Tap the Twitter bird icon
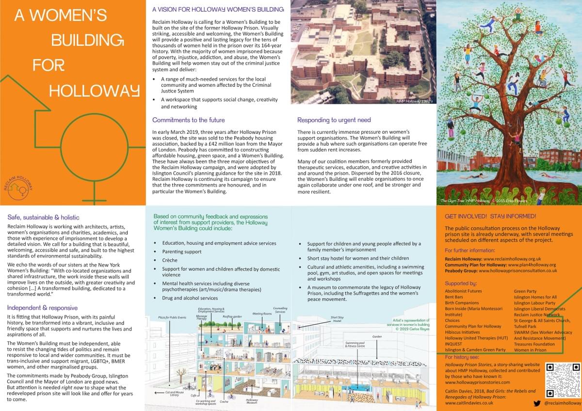(537, 403)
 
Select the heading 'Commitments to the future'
(188, 120)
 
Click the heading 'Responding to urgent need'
(334, 120)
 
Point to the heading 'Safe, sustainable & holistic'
(43, 218)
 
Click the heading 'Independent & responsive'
(42, 307)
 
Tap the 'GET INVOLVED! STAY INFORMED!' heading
(490, 216)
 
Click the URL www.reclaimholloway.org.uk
(512, 259)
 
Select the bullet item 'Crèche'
(170, 260)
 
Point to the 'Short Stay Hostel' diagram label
(337, 319)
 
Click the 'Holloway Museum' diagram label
(252, 401)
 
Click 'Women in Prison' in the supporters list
(530, 350)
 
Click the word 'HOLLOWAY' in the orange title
(94, 90)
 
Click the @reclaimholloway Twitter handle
(562, 403)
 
